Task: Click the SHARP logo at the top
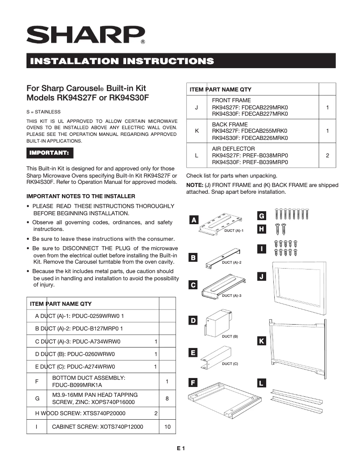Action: point(85,35)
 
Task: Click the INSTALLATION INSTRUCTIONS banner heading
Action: point(120,61)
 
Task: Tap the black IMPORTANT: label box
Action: point(49,153)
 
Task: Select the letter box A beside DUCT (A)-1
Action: point(193,220)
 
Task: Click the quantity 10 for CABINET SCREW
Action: point(167,427)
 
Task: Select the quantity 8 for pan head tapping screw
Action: point(167,398)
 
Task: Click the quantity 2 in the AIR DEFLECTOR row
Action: point(327,156)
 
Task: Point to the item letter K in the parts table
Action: point(197,131)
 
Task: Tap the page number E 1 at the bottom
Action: point(180,448)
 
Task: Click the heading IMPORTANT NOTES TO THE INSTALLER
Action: point(81,196)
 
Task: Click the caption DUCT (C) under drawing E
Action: point(230,364)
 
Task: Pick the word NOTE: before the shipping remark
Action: point(195,185)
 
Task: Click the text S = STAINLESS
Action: point(44,112)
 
